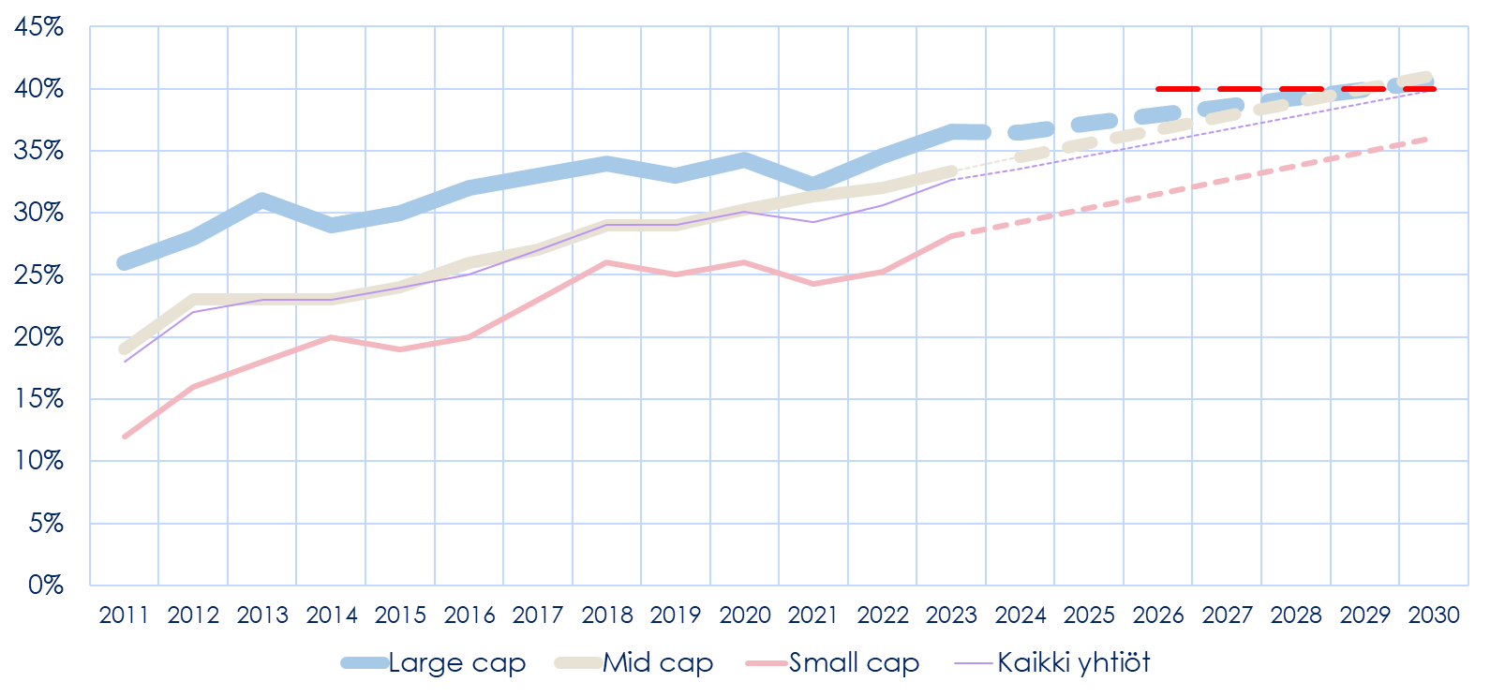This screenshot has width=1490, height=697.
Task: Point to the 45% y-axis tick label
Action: click(x=38, y=27)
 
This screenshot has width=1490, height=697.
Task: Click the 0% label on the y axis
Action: click(x=45, y=585)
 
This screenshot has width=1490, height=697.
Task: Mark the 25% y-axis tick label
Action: click(x=38, y=275)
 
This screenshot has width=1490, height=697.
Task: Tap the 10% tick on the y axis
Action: click(x=38, y=461)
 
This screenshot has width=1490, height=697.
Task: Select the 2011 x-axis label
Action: click(x=125, y=615)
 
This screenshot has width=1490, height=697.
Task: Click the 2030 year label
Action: click(x=1434, y=615)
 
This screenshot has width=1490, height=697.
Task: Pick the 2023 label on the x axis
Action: click(x=952, y=615)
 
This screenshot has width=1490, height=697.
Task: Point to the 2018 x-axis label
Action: click(x=607, y=615)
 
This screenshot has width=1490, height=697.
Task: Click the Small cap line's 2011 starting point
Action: click(x=125, y=437)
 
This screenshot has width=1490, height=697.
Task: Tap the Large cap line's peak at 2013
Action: click(x=262, y=200)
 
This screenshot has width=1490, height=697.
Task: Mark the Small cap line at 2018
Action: click(x=607, y=262)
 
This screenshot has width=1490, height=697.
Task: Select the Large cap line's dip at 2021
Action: click(x=813, y=183)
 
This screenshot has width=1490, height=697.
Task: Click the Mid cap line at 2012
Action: click(x=194, y=301)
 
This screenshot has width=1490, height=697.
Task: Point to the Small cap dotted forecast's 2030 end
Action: click(x=1426, y=140)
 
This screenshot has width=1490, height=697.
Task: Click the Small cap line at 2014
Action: click(x=332, y=337)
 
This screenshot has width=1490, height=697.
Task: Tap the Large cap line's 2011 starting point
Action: click(x=125, y=262)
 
